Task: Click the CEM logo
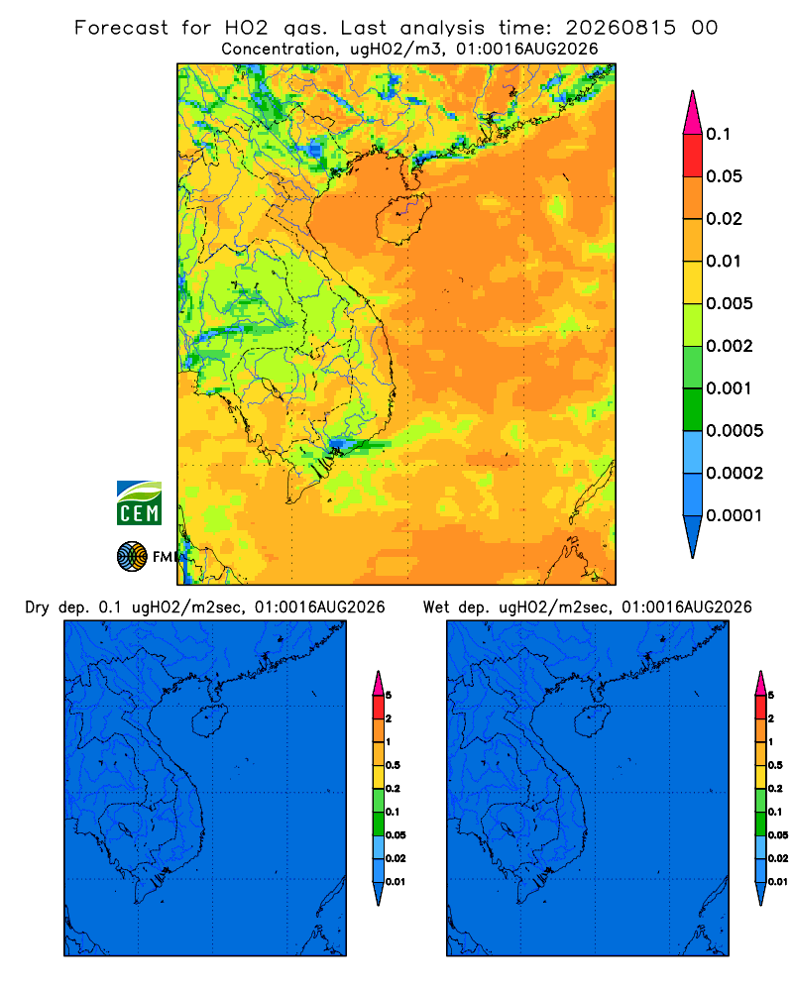[139, 502]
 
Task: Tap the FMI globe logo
[132, 556]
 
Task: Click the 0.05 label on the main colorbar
[724, 176]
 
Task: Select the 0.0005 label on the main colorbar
[735, 431]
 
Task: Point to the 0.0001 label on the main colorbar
[735, 515]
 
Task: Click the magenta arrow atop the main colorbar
[693, 112]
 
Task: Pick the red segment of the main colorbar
[693, 156]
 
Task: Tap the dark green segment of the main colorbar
[693, 409]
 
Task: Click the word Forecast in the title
[121, 28]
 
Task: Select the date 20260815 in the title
[621, 28]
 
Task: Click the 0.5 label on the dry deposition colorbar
[393, 765]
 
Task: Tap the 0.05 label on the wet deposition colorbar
[778, 835]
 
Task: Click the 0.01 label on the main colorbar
[724, 261]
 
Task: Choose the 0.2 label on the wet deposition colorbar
[775, 789]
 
